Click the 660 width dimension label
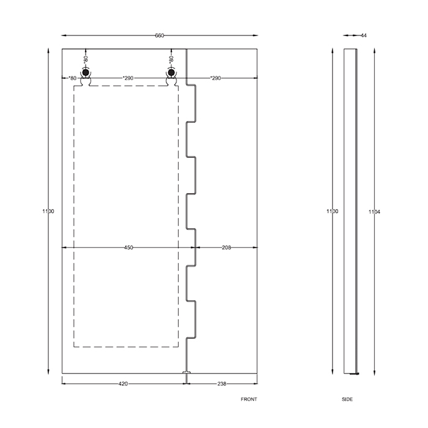pyautogui.click(x=160, y=35)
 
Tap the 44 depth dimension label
pyautogui.click(x=364, y=35)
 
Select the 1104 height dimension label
pyautogui.click(x=374, y=212)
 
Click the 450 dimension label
pyautogui.click(x=128, y=248)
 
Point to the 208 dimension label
pyautogui.click(x=226, y=248)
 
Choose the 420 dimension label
pyautogui.click(x=123, y=384)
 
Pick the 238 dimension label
pyautogui.click(x=221, y=384)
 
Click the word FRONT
pyautogui.click(x=249, y=399)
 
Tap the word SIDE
pyautogui.click(x=347, y=399)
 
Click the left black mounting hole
pyautogui.click(x=86, y=72)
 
